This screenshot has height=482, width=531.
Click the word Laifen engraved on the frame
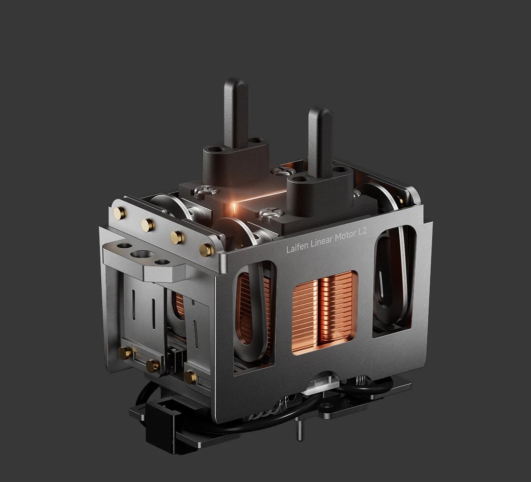point(297,247)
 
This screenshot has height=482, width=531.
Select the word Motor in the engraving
point(345,235)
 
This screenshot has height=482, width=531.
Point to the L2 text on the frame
point(362,232)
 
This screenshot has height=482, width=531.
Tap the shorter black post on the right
point(320,142)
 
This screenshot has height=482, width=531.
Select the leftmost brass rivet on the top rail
point(119,213)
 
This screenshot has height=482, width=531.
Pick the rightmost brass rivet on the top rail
point(206,250)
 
